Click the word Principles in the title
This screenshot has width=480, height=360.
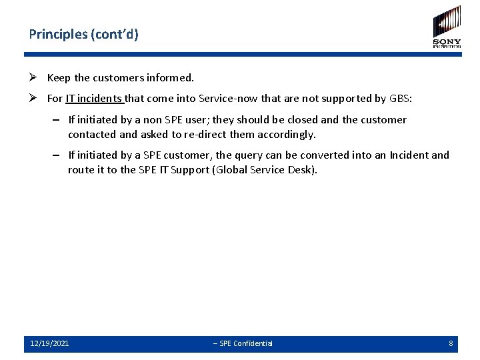58,34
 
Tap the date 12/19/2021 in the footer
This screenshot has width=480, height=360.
49,343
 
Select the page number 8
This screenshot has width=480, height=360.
451,343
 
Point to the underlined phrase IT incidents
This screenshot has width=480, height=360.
95,99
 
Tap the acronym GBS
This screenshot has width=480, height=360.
399,99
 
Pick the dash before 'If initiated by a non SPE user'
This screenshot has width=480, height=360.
59,120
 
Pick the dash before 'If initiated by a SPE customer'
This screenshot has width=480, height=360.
59,155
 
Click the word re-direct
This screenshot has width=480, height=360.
206,134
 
